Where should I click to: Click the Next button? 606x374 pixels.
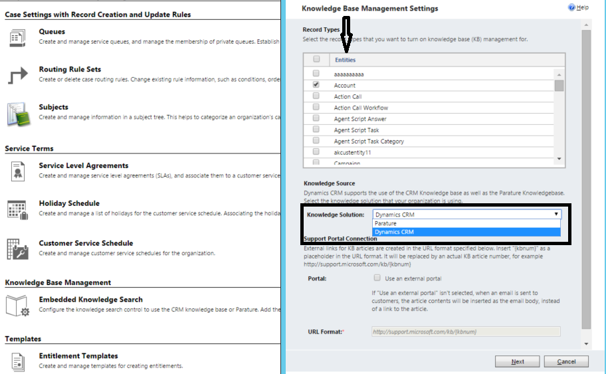[x=518, y=361]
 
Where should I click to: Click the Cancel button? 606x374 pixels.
[x=566, y=361]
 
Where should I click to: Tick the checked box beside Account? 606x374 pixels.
[x=316, y=85]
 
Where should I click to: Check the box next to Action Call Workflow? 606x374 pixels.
[x=316, y=108]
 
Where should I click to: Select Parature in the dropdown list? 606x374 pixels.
[x=385, y=224]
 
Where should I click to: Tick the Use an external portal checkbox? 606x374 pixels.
[x=377, y=278]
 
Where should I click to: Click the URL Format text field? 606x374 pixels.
[x=466, y=331]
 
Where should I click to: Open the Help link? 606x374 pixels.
[x=579, y=7]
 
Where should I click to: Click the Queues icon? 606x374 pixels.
[x=18, y=37]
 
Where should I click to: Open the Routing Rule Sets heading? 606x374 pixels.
[x=70, y=69]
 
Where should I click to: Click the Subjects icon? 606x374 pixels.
[x=18, y=113]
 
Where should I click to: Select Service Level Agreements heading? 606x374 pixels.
[x=84, y=165]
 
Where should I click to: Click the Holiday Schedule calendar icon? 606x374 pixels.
[x=18, y=209]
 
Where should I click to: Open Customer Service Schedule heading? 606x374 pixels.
[x=86, y=243]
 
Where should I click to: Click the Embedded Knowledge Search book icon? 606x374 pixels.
[x=18, y=305]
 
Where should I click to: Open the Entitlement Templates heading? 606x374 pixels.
[x=78, y=355]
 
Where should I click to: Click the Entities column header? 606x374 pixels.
[x=345, y=60]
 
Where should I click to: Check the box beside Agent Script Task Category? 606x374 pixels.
[x=316, y=141]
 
